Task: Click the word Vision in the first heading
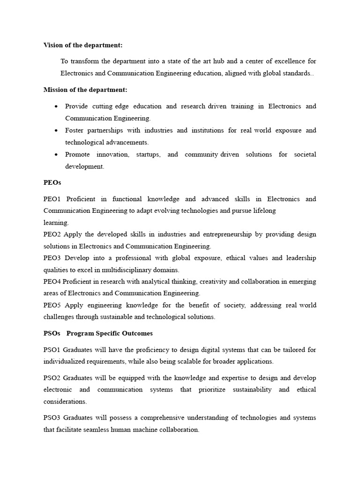pos(53,45)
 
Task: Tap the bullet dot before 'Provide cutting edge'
pos(56,106)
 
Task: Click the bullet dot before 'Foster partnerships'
pos(56,130)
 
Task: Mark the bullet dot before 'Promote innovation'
pos(56,154)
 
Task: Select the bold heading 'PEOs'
pos(52,182)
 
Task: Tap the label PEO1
pos(53,199)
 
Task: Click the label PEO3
pos(53,258)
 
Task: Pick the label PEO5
pos(53,305)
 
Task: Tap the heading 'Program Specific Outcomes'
pos(110,333)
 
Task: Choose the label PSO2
pos(52,378)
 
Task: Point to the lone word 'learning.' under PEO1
pos(56,223)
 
